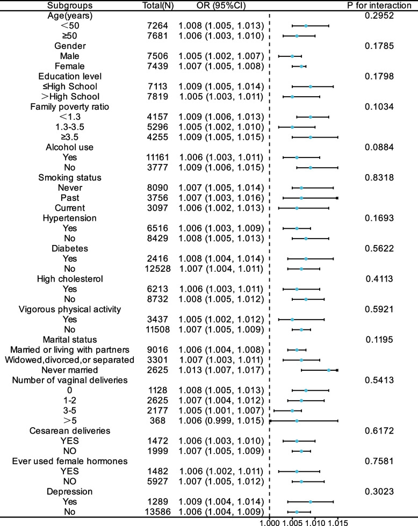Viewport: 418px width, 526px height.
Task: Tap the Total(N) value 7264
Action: coord(161,26)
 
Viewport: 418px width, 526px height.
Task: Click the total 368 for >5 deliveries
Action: coord(161,421)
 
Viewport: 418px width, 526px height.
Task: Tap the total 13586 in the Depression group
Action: coord(161,511)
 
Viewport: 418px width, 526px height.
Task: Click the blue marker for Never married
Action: coord(329,370)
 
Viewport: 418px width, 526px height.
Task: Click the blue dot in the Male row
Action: coord(292,56)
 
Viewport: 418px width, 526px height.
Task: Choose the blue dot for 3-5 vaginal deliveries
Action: coord(292,410)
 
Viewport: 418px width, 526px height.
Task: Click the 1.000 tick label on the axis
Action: coord(269,521)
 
